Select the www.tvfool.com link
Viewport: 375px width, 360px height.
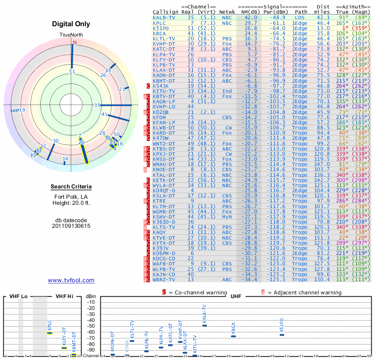coord(71,280)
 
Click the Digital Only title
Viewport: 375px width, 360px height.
coord(71,24)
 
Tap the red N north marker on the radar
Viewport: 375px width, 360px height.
coord(74,42)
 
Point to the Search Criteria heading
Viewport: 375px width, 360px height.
coord(71,187)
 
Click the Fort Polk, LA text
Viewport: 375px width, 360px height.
coord(71,196)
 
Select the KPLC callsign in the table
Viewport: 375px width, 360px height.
coord(159,23)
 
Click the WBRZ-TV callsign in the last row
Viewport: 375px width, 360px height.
coord(164,279)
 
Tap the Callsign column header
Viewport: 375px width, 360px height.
coord(165,12)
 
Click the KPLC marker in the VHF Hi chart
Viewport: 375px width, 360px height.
coord(50,333)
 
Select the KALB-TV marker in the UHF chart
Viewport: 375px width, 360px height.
coord(204,325)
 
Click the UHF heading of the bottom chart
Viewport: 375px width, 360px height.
coord(236,296)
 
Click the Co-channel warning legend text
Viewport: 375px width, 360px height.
coord(195,292)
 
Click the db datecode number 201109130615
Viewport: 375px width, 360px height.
coord(71,225)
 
